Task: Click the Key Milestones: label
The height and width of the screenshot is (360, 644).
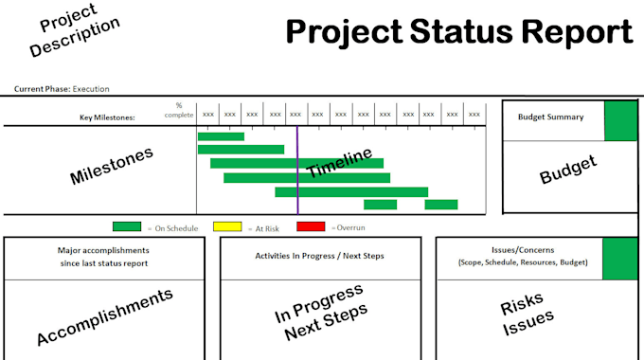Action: [107, 117]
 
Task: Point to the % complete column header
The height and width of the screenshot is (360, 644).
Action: [178, 111]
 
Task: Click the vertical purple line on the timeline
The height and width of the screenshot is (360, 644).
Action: [297, 171]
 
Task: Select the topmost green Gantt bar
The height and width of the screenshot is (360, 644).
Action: [221, 136]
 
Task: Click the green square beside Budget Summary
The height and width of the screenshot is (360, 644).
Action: [621, 120]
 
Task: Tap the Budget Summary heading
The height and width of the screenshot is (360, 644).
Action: [550, 117]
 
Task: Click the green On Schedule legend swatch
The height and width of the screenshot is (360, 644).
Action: [127, 226]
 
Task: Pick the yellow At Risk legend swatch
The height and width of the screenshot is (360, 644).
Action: [227, 226]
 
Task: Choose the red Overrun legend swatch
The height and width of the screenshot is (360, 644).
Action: [310, 226]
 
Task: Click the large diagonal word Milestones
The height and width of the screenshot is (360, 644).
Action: [112, 165]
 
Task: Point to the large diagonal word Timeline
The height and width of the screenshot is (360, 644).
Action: [338, 167]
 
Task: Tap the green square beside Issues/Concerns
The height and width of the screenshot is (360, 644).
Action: [620, 259]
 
